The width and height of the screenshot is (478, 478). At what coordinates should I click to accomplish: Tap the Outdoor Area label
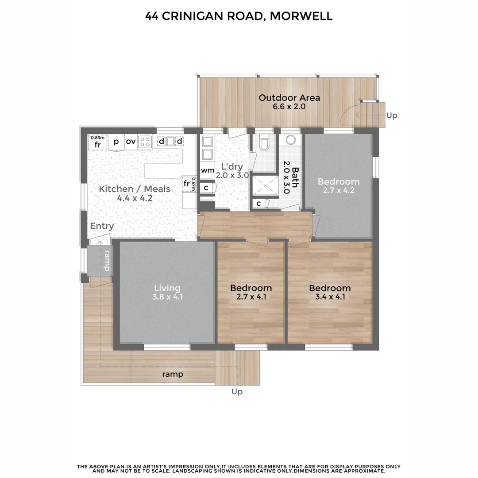point(289,98)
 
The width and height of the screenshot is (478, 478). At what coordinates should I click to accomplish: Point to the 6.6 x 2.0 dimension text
point(289,107)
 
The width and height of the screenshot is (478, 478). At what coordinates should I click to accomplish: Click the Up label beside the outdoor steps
point(392,116)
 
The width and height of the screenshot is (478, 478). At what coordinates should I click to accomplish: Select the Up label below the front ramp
point(237,392)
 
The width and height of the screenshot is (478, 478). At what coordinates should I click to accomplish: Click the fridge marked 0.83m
point(97,142)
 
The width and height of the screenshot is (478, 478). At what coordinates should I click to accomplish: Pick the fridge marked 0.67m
point(188,183)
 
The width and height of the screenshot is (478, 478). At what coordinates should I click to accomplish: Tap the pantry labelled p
point(116,142)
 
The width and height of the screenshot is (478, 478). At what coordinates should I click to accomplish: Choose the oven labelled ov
point(131,142)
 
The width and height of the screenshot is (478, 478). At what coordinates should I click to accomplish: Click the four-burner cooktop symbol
point(145,142)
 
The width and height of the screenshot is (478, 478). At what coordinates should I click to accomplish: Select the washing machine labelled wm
point(207,170)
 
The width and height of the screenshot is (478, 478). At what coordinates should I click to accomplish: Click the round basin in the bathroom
point(291,140)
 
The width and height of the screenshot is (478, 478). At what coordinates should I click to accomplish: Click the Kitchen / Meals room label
point(134,189)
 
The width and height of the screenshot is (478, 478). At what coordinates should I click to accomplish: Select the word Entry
point(102,226)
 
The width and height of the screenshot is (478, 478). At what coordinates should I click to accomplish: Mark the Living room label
point(167,288)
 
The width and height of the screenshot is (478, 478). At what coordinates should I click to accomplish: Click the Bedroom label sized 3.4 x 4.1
point(330,288)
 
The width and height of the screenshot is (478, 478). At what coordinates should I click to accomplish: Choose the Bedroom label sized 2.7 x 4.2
point(339,182)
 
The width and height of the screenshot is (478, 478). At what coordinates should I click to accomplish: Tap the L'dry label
point(232,167)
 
